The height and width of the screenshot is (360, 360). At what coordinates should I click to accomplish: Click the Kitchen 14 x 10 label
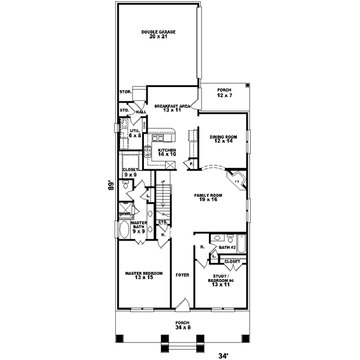tap(166, 152)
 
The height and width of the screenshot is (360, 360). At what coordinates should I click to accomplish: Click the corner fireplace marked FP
tap(236, 179)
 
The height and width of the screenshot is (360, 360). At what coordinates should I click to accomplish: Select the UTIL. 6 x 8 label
tap(134, 133)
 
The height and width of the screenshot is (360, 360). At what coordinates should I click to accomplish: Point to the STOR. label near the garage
tap(125, 92)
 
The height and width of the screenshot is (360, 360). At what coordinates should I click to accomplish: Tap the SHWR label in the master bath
tap(125, 214)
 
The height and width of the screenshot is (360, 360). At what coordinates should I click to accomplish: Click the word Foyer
tap(182, 275)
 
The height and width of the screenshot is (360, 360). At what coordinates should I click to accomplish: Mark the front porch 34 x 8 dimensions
tap(181, 325)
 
